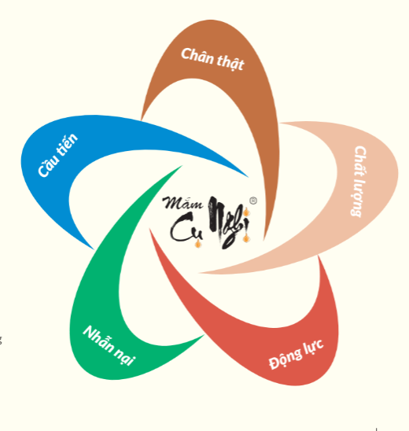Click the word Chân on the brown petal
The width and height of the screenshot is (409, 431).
[197, 57]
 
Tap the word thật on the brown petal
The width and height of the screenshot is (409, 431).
[230, 62]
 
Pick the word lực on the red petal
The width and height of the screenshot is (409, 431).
[314, 347]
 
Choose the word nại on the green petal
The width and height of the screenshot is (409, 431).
[124, 356]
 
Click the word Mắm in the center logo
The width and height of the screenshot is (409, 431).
[182, 203]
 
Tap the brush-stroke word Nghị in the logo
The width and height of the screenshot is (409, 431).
[229, 222]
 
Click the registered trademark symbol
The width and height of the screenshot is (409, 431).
[253, 201]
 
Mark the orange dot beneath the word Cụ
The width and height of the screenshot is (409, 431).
[197, 244]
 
